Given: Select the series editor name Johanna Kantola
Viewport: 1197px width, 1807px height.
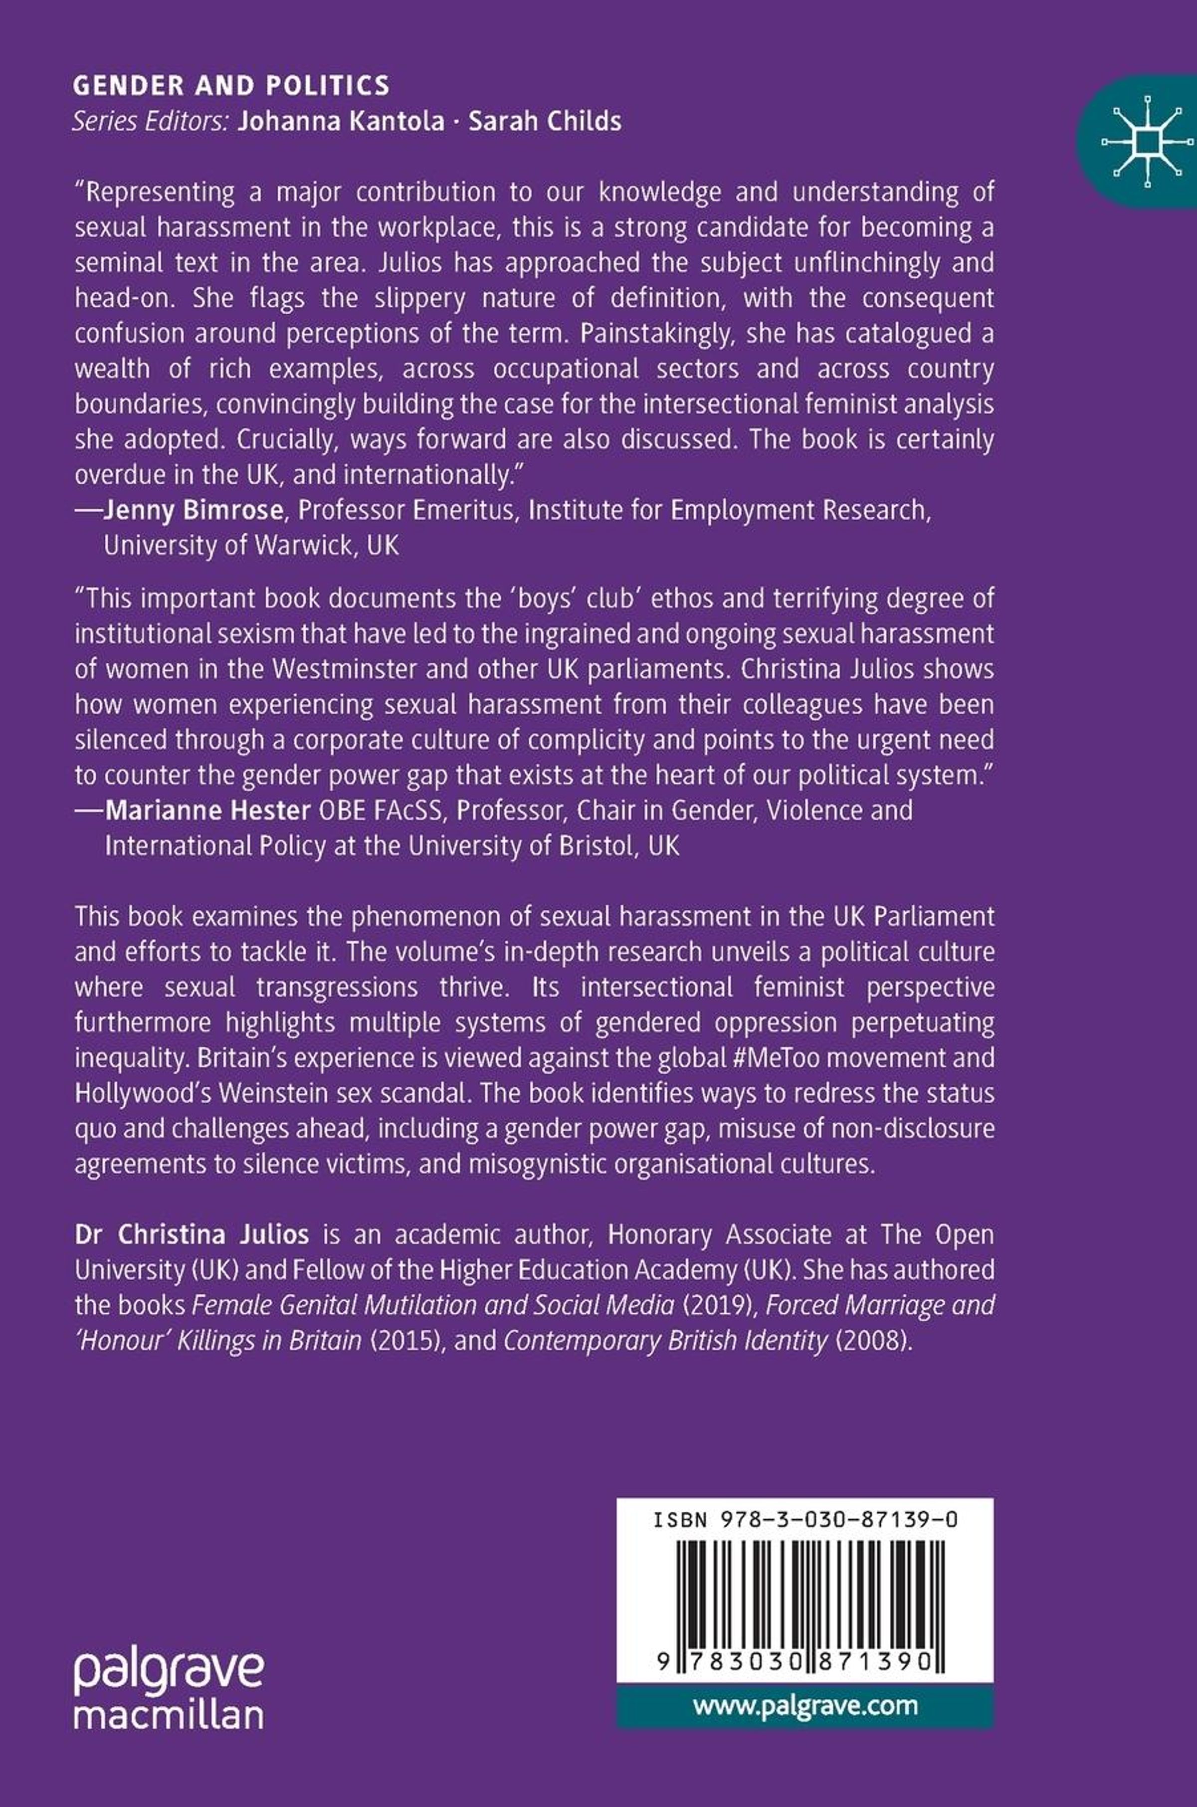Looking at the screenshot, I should [x=341, y=121].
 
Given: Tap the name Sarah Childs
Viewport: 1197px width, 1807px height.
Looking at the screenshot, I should [x=544, y=121].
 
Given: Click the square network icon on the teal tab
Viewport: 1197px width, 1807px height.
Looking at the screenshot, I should [x=1148, y=141].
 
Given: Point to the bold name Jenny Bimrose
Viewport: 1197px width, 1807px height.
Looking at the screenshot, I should [x=193, y=510].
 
